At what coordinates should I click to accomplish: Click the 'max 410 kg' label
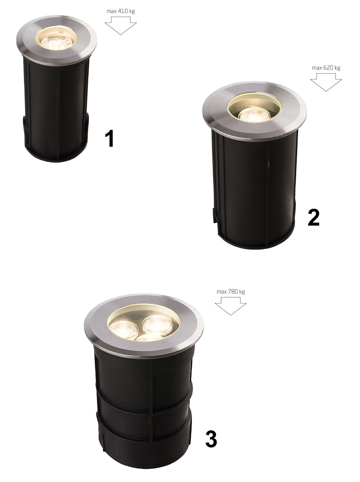[121, 11]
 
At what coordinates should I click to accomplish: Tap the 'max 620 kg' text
[326, 68]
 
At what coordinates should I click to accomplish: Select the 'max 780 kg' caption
[231, 292]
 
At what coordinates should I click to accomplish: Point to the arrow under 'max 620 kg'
[326, 82]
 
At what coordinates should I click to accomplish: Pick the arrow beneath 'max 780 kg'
[231, 306]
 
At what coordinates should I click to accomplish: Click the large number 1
[109, 138]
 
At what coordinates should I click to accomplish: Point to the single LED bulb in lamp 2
[255, 115]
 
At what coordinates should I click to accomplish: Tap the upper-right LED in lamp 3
[158, 324]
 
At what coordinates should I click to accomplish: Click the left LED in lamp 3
[124, 329]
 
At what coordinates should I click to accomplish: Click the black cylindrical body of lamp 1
[56, 110]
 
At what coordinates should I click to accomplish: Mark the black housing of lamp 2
[255, 189]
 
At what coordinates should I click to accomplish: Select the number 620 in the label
[328, 68]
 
